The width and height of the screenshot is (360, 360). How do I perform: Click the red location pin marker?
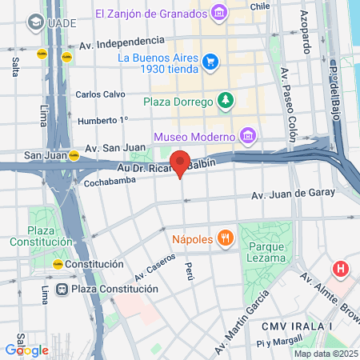click(181, 162)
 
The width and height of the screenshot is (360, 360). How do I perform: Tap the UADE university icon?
click(34, 22)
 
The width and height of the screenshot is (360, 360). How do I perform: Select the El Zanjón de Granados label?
click(151, 13)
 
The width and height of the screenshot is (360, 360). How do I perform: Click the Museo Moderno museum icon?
click(248, 134)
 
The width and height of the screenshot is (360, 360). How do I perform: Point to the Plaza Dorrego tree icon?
click(228, 100)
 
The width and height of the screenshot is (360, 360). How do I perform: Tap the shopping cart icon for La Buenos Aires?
click(210, 61)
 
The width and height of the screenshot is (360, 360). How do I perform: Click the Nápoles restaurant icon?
click(226, 238)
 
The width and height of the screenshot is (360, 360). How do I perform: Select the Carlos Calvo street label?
click(100, 94)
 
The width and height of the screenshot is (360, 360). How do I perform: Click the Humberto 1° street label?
click(102, 121)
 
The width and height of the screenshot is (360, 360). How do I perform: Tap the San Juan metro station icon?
click(73, 156)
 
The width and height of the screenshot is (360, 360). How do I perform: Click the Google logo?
click(26, 350)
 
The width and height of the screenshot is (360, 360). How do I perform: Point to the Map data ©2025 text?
click(323, 354)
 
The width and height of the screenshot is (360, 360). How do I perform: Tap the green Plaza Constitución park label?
click(31, 236)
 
